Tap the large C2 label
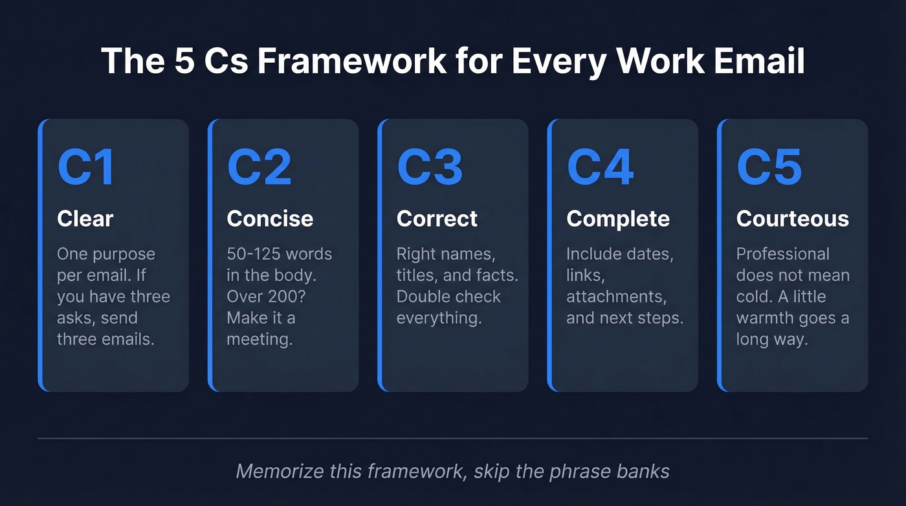259,168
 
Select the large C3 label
430,168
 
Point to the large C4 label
600,168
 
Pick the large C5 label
769,168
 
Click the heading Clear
85,219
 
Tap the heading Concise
270,219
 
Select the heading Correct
437,219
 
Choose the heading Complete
618,219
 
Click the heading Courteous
792,219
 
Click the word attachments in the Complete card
616,297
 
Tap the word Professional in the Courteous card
782,254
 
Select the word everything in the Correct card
439,318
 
